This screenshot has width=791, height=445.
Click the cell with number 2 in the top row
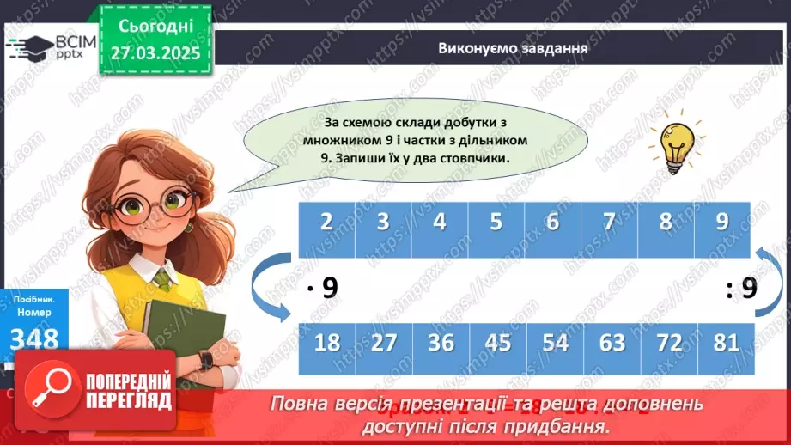tap(326, 222)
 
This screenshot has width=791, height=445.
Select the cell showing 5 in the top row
tap(496, 222)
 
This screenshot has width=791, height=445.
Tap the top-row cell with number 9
tap(721, 222)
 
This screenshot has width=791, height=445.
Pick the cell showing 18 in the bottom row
tap(326, 343)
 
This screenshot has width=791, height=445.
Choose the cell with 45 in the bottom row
tap(497, 343)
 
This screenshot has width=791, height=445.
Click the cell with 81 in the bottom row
tap(726, 343)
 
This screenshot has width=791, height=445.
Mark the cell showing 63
tap(612, 343)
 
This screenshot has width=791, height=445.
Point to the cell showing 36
tap(441, 343)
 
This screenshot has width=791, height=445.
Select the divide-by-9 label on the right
tap(740, 289)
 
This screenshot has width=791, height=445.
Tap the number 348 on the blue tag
tap(34, 338)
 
